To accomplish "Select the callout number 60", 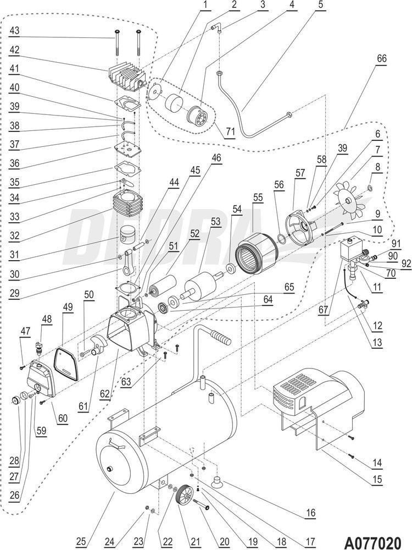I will pos(63,419).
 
